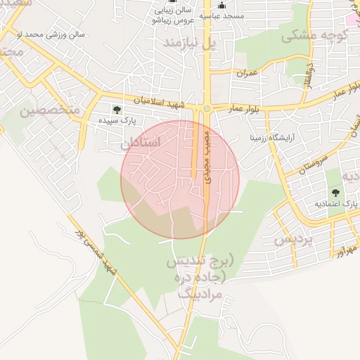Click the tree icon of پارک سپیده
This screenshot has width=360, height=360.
117,110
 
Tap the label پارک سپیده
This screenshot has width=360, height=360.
117,122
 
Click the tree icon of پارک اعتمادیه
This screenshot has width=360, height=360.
335,192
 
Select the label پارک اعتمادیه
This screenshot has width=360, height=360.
335,204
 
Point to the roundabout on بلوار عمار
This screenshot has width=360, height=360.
207,108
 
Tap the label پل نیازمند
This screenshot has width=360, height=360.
190,43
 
